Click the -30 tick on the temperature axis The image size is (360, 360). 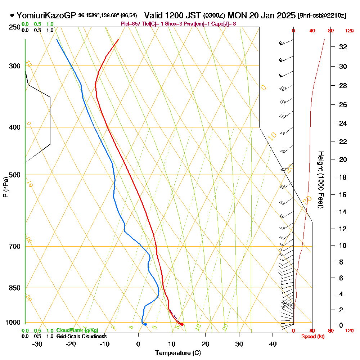(x=37, y=344)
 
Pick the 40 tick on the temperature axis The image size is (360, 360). (x=273, y=344)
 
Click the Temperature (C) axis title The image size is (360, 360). (x=178, y=353)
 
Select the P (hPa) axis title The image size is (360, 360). (x=5, y=187)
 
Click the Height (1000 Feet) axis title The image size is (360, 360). (x=320, y=180)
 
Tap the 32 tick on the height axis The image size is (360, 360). (x=343, y=47)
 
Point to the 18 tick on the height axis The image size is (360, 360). (x=343, y=177)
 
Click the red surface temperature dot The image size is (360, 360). (x=182, y=324)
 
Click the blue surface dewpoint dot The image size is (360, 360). (x=145, y=324)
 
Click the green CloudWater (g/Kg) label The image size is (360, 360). (x=77, y=330)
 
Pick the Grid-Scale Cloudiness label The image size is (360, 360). (x=81, y=336)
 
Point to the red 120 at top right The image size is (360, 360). (x=349, y=31)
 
